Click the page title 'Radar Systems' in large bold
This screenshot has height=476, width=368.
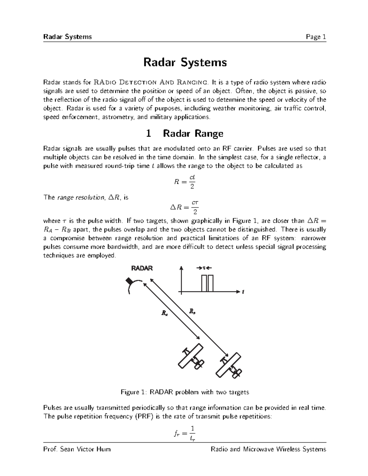(x=185, y=63)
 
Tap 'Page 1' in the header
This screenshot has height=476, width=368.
(x=316, y=37)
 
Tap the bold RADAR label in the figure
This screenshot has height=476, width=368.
(x=142, y=268)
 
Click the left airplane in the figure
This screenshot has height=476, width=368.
(x=191, y=356)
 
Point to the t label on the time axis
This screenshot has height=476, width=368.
(x=243, y=292)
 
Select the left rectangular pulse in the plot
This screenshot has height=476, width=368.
(x=204, y=283)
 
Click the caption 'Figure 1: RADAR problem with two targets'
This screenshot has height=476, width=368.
(x=185, y=392)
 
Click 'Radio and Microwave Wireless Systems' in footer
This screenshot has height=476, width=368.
(x=268, y=449)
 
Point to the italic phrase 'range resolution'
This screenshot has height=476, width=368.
(x=80, y=198)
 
